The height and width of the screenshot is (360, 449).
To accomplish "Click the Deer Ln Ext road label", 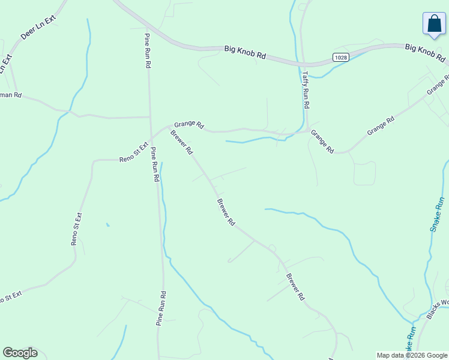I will pos(37,27).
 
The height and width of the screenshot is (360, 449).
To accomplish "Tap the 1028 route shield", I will pos(340,56).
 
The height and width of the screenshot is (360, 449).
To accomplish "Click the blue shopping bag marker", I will pos(433,25).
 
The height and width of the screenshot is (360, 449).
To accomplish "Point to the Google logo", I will pos(20,353).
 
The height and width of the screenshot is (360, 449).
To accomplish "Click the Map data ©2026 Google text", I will pos(411,355).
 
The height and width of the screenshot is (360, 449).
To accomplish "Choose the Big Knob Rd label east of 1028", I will pos(425,53).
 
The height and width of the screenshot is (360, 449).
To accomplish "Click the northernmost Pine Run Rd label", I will pos(147,51).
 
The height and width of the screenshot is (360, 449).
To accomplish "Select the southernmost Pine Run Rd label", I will pos(161,308).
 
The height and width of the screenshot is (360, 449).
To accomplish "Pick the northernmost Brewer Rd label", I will pos(181,143).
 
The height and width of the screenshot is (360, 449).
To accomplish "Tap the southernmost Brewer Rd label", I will pos(295,287).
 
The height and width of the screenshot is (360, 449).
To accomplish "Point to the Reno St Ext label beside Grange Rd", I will pos(134,153).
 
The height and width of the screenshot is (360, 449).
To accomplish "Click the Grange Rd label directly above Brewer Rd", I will pos(189,124).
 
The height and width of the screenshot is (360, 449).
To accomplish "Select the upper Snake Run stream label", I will pos(438,214).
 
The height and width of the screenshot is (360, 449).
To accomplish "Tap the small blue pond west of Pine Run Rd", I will pos(108,225).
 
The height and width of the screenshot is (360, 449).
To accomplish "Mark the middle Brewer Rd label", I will pos(226,212).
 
